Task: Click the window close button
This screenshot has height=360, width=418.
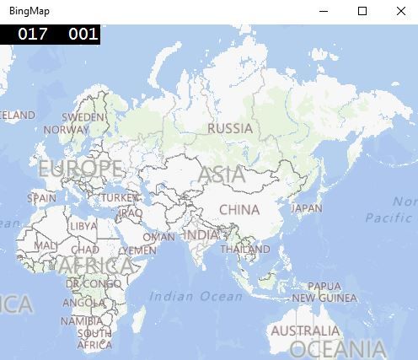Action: point(401,11)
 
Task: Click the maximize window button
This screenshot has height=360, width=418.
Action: point(362,11)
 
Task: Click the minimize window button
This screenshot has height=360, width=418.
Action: point(324,11)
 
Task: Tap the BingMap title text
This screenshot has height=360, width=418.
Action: point(25,11)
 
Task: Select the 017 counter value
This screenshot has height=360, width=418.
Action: point(33,34)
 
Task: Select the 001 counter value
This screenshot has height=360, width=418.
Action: point(83,34)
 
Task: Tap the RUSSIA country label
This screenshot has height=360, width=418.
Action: point(229,129)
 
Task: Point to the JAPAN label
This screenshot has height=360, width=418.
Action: point(307,208)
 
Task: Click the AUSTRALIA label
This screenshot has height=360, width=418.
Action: point(305,330)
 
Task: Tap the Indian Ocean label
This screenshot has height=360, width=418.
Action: point(196,296)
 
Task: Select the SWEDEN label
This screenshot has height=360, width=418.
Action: point(84,117)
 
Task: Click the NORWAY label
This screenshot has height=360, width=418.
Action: point(66,130)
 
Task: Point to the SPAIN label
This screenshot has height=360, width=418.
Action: point(41,199)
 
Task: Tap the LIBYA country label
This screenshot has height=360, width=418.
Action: point(83,226)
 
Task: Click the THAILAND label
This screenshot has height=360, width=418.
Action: point(245,250)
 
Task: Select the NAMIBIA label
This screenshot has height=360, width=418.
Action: point(82,321)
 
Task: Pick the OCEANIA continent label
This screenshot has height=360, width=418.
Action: point(337,349)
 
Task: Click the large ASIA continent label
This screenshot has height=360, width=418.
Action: point(222,175)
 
